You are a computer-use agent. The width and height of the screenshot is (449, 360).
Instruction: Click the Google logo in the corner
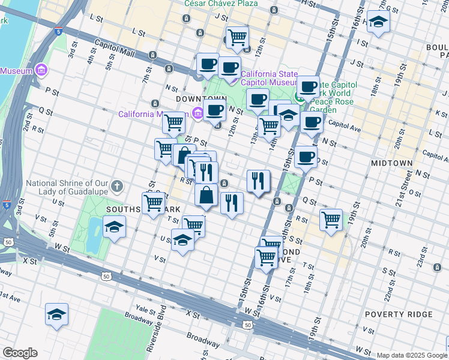point(20,353)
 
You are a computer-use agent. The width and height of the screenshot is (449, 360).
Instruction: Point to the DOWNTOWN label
point(201,98)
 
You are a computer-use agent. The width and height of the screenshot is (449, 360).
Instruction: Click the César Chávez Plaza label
point(221,4)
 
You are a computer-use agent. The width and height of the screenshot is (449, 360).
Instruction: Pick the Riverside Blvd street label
point(155,329)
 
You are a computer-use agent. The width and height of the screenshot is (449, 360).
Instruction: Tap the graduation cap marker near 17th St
point(378,23)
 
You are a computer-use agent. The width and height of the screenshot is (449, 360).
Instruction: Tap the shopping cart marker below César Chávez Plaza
point(238,37)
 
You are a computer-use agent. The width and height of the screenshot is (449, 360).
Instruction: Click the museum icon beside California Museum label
point(197,113)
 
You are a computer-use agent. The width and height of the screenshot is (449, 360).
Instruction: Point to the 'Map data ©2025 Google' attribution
point(411,355)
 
